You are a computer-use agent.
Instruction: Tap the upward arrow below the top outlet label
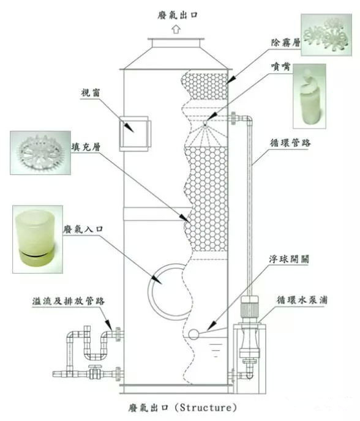tap(176, 28)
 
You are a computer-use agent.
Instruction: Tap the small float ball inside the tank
tap(194, 334)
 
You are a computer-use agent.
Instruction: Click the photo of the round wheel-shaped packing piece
tap(42, 151)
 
